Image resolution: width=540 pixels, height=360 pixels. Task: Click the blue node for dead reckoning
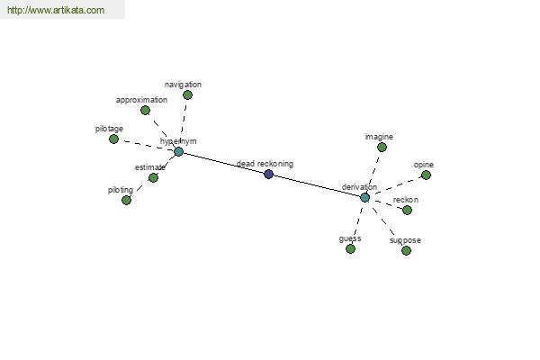click(x=268, y=175)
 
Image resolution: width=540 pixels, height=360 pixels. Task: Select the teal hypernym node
click(x=178, y=151)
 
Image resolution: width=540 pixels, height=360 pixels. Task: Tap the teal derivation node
click(x=365, y=198)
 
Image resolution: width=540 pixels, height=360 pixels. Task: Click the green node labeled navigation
click(x=187, y=94)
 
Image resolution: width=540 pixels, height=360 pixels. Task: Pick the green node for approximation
click(x=145, y=110)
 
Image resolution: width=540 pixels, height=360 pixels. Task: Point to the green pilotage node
click(x=113, y=139)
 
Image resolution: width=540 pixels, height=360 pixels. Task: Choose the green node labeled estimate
click(x=153, y=178)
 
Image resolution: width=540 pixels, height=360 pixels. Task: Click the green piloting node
click(x=126, y=200)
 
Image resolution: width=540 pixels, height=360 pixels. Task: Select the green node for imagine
click(x=382, y=148)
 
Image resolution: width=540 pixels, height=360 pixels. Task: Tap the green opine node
click(x=426, y=175)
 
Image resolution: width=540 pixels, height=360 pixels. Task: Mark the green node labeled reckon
click(x=407, y=210)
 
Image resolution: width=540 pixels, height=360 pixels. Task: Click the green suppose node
click(x=407, y=250)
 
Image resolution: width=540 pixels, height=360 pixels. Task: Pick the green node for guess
click(x=351, y=248)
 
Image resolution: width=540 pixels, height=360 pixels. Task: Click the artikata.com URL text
click(x=56, y=10)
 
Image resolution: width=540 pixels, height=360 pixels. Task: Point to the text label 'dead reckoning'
click(x=265, y=164)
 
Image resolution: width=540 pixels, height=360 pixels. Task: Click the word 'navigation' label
click(x=183, y=85)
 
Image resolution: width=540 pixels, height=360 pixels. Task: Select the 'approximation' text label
click(x=141, y=100)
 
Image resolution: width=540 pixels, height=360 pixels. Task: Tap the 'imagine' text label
click(x=379, y=137)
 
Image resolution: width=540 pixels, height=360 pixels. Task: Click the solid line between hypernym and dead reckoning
click(x=223, y=163)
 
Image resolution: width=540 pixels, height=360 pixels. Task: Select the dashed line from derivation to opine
click(x=396, y=186)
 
